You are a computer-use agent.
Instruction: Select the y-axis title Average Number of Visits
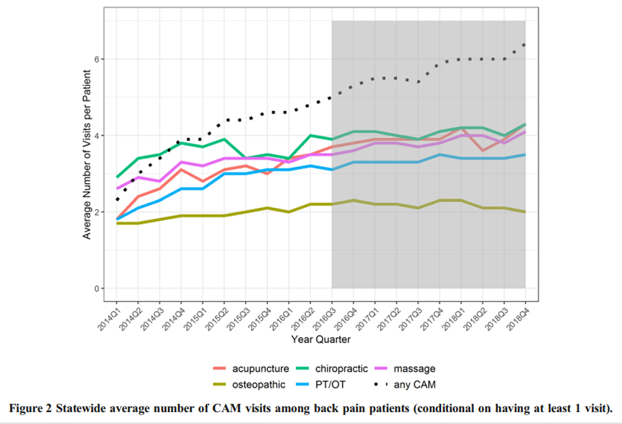(88, 154)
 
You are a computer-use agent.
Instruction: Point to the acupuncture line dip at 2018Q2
(483, 151)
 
